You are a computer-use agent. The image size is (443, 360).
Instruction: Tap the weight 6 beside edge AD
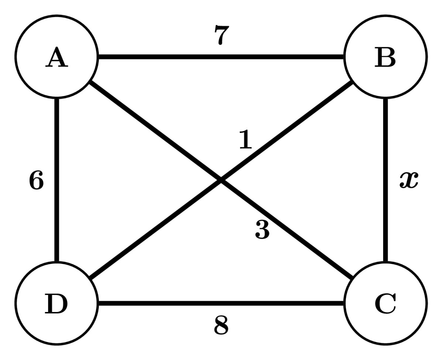click(x=36, y=181)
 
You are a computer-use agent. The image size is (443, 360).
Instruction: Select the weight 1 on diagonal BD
click(x=245, y=140)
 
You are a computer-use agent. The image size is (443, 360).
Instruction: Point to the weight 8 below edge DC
click(x=221, y=326)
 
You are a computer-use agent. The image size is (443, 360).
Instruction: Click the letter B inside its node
click(x=385, y=58)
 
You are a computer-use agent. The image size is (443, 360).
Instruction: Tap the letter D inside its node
click(x=56, y=305)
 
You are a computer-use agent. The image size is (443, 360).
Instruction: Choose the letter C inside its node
click(x=385, y=305)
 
